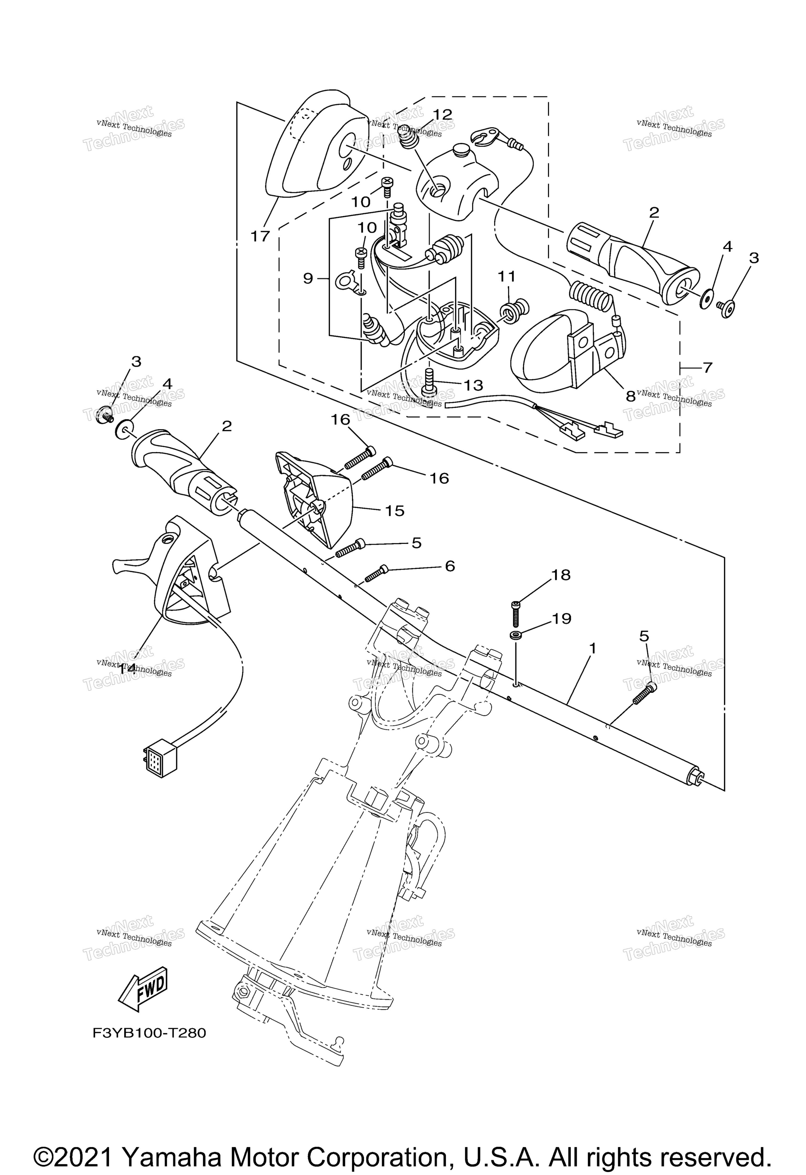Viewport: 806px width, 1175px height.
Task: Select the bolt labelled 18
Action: (516, 614)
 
